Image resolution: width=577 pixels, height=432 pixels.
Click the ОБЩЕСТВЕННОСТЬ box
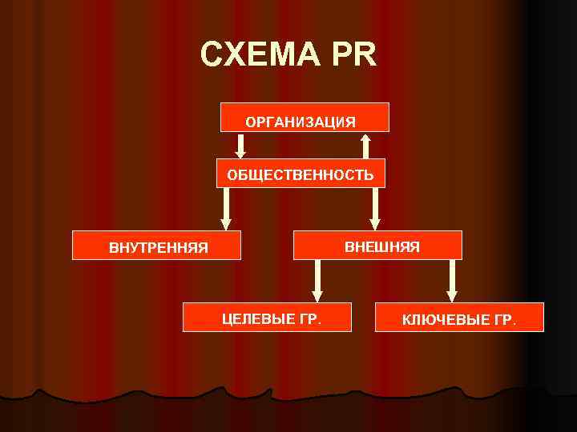pos(301,173)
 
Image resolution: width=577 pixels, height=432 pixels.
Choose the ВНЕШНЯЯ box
pos(378,245)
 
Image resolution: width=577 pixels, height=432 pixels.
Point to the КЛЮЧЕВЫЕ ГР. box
pos(458,318)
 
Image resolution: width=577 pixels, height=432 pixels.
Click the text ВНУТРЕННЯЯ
pos(159,247)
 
